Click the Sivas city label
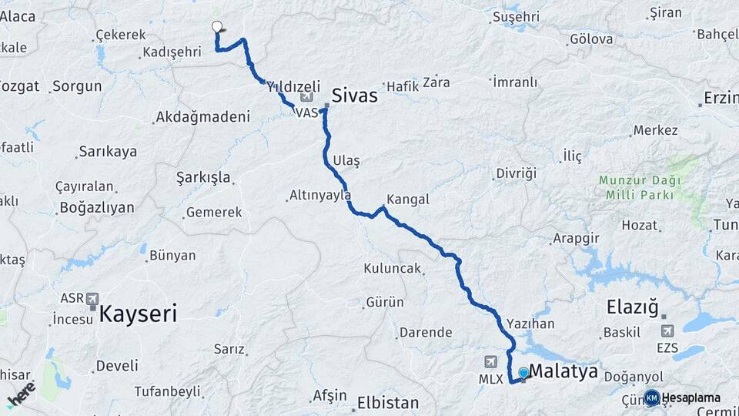(x=355, y=96)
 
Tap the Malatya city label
(x=563, y=371)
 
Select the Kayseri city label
(x=138, y=314)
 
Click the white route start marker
(x=217, y=26)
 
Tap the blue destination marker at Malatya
(x=524, y=374)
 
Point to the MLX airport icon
(x=491, y=361)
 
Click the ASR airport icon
(x=93, y=298)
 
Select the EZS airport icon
(x=667, y=330)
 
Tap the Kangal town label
(x=407, y=200)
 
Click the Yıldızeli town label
(x=293, y=87)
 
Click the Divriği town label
(x=515, y=173)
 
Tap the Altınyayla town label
(x=320, y=196)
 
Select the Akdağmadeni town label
(x=202, y=117)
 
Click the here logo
(x=22, y=394)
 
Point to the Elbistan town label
(x=387, y=403)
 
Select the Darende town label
(x=425, y=333)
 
